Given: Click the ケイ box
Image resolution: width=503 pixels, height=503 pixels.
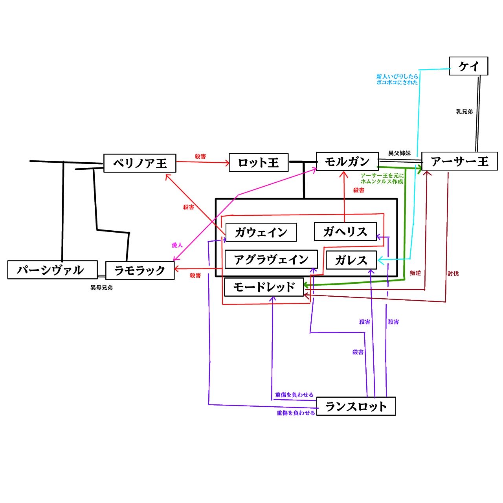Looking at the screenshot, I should pyautogui.click(x=468, y=66).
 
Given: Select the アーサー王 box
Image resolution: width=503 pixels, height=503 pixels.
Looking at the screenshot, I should pyautogui.click(x=459, y=161).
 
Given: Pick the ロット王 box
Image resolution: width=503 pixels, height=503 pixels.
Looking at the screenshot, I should pyautogui.click(x=258, y=162).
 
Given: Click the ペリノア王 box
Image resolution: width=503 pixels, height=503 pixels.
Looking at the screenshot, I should pyautogui.click(x=140, y=163).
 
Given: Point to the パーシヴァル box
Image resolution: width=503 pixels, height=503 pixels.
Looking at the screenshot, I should pyautogui.click(x=52, y=270).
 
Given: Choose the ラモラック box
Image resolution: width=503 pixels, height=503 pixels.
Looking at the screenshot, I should pyautogui.click(x=140, y=270).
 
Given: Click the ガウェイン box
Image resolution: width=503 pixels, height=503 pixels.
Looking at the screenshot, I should pyautogui.click(x=261, y=232).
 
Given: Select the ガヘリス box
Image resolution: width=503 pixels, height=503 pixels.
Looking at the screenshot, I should pyautogui.click(x=345, y=231).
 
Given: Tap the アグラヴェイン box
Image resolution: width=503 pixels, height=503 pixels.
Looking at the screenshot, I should pyautogui.click(x=271, y=259).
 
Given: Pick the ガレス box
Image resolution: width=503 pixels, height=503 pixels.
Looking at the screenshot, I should pyautogui.click(x=351, y=260).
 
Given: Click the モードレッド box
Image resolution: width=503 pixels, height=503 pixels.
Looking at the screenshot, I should pyautogui.click(x=264, y=287).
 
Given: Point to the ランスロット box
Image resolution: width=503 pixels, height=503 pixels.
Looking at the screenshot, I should pyautogui.click(x=356, y=406).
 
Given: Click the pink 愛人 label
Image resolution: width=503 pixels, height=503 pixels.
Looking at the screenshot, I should pyautogui.click(x=177, y=245).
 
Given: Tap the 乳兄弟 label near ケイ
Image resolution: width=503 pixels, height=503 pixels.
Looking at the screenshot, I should pyautogui.click(x=464, y=112).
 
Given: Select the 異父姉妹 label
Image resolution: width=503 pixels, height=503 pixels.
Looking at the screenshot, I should pyautogui.click(x=399, y=153).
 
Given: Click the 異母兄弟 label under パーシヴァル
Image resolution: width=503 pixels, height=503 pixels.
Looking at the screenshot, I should pyautogui.click(x=101, y=288).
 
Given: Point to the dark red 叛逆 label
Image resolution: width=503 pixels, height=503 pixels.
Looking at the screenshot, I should pyautogui.click(x=415, y=273).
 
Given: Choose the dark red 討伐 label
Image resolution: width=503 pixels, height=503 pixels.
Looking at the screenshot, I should pyautogui.click(x=453, y=274).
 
